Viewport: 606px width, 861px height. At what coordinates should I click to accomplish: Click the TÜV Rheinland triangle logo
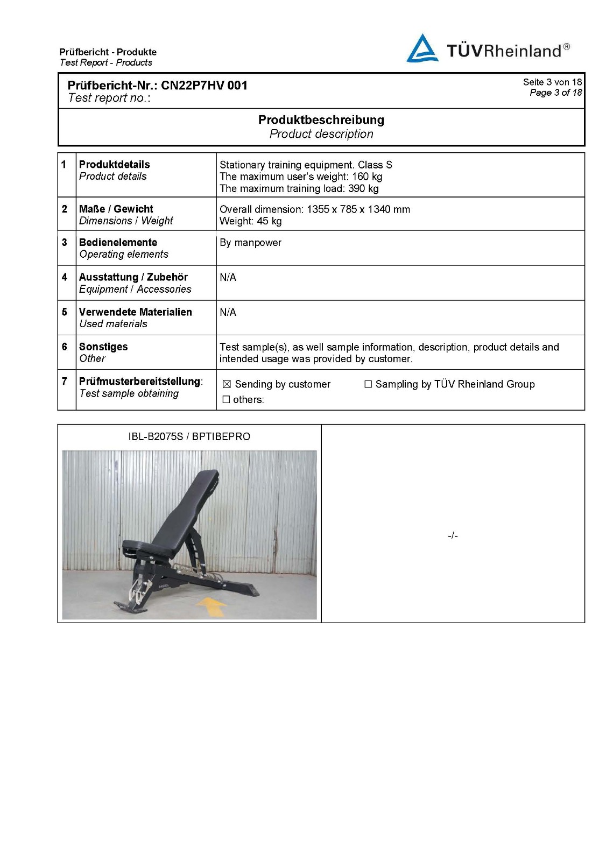422,49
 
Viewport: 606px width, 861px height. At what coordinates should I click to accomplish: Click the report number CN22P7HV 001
205,86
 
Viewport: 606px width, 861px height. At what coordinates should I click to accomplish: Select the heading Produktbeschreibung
321,120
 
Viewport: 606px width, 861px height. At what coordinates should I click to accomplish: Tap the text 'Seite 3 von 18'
552,82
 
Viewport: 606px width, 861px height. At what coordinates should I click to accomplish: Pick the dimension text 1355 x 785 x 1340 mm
358,209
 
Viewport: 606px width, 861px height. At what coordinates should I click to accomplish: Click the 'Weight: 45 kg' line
250,221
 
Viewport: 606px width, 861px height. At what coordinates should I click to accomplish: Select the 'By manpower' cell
250,243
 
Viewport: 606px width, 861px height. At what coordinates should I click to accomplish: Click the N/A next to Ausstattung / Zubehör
228,278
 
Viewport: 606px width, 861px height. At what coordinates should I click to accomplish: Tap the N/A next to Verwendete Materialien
228,313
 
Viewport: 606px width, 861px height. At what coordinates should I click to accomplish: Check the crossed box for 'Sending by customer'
227,384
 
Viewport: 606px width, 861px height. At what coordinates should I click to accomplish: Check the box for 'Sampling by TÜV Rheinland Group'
368,384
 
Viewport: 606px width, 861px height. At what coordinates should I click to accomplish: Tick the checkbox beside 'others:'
226,399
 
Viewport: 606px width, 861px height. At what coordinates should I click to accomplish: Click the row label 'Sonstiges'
103,347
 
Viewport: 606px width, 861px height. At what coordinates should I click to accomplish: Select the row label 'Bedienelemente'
118,243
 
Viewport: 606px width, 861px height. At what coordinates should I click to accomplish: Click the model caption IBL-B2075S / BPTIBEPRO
189,436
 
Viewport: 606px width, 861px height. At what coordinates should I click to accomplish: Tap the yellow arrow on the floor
211,606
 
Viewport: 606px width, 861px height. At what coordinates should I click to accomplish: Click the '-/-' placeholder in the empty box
453,535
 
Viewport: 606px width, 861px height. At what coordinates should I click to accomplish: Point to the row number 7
65,382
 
